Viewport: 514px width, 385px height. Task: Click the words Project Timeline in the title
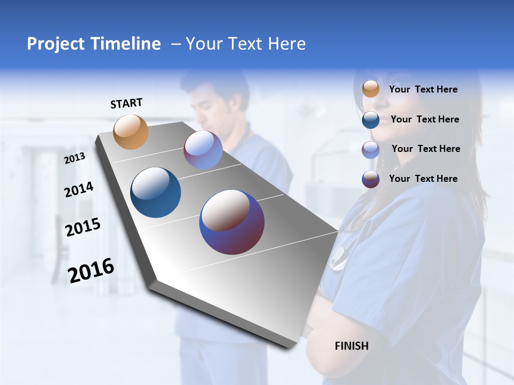pos(94,44)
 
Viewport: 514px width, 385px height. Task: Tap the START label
pos(126,103)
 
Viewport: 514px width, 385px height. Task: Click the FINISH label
pos(352,346)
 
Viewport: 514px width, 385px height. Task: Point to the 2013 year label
pos(74,158)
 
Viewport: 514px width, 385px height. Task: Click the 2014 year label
pos(79,189)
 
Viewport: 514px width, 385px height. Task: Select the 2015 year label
pos(82,227)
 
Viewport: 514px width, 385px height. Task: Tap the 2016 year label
pos(91,270)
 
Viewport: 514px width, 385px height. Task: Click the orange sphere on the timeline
pos(131,132)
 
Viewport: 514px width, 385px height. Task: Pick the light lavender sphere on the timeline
pos(203,150)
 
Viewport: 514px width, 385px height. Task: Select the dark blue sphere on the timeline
pos(156,192)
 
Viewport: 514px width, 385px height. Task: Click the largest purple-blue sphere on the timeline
pos(232,222)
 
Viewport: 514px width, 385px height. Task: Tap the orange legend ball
pos(371,89)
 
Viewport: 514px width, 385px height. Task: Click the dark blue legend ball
pos(371,119)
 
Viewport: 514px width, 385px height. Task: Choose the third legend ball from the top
pos(371,149)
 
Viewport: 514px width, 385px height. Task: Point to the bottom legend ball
pos(371,179)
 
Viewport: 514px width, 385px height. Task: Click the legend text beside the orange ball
pos(423,89)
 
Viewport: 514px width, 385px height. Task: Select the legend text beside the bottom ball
pos(423,179)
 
